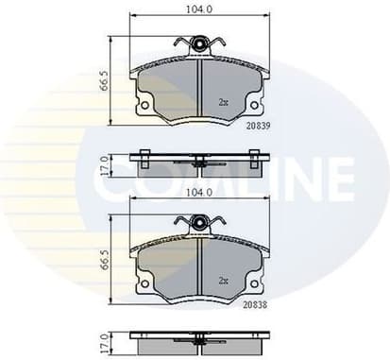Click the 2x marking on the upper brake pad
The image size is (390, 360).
223,101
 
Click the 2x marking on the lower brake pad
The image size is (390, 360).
223,281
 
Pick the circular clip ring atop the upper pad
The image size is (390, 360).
199,43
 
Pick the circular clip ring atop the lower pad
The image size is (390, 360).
199,223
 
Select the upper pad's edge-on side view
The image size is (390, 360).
199,162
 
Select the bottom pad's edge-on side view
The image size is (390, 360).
199,340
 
